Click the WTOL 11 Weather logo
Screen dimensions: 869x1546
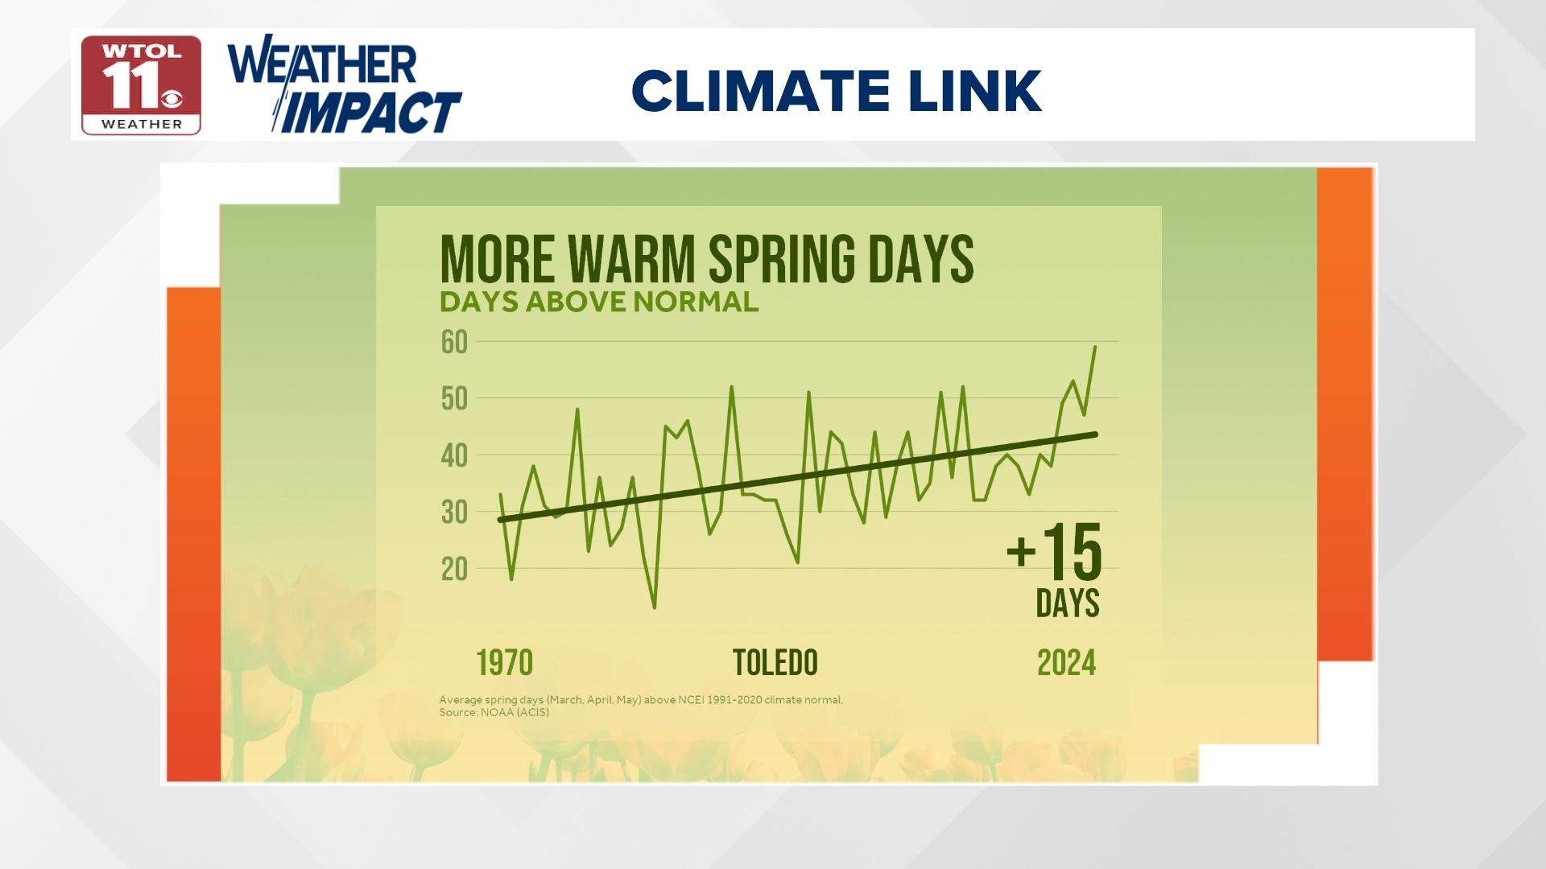tap(141, 85)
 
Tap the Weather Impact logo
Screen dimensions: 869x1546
tap(345, 84)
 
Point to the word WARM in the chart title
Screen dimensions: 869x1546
tap(631, 259)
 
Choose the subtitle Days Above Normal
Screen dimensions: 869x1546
tap(598, 302)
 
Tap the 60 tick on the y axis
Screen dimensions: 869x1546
tap(454, 343)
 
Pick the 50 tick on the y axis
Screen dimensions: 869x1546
tap(454, 399)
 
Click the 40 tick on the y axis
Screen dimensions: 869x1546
tap(454, 456)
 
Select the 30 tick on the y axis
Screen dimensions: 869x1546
tap(454, 513)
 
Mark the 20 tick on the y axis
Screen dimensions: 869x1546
tap(454, 570)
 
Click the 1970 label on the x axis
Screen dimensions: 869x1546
tap(504, 663)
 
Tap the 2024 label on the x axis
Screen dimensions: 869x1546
tap(1066, 663)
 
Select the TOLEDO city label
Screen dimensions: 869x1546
tap(775, 663)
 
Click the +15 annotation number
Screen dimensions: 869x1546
tap(1055, 552)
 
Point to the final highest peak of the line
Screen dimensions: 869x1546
tap(1094, 347)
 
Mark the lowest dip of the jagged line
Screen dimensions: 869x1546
tap(654, 607)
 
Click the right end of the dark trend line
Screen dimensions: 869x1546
tap(1095, 434)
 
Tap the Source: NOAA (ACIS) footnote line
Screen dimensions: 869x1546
tap(494, 713)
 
